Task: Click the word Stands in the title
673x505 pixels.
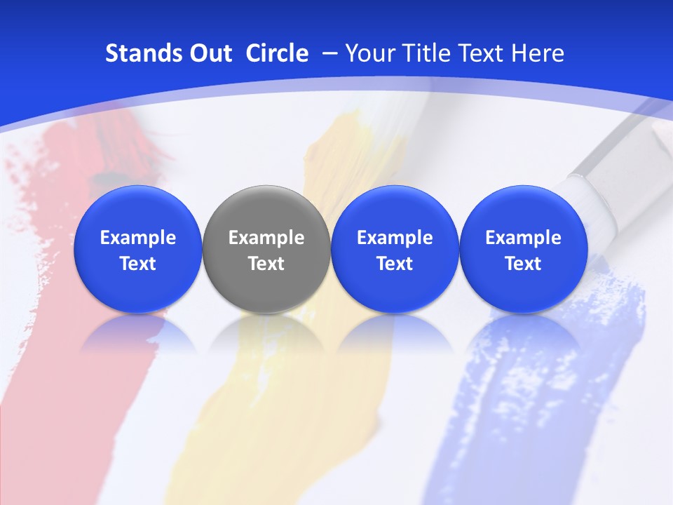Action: pos(140,53)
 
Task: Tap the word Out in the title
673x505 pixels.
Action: pos(208,53)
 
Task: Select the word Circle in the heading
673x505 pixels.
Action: pos(277,53)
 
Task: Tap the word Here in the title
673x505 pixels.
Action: pos(538,53)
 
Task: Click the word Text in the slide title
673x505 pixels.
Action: pos(482,53)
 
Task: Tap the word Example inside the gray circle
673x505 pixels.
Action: pos(266,238)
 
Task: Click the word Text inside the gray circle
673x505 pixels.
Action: pos(266,264)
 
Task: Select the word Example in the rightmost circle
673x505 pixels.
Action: pos(524,238)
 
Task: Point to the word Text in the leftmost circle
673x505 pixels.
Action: pos(138,264)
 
